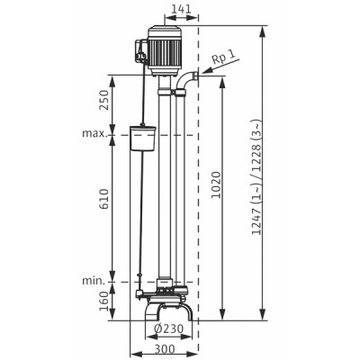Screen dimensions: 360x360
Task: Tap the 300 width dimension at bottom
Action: pos(164,347)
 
